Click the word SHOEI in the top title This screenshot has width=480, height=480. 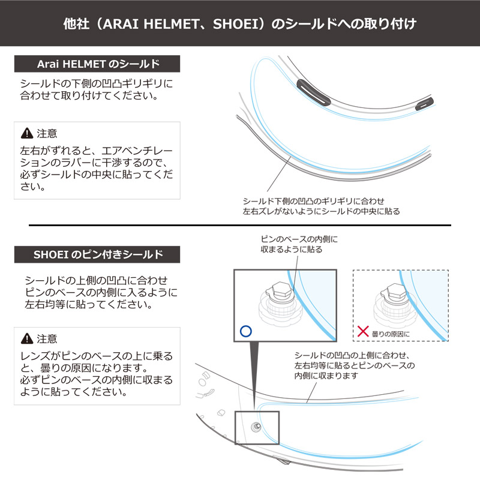coord(236,24)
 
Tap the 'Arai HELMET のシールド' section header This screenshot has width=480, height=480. coord(97,64)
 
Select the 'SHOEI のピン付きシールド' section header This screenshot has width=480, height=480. coord(97,254)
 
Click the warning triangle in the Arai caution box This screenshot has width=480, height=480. coord(27,133)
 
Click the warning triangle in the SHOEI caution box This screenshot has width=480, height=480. coord(27,338)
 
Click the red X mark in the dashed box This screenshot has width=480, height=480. coord(363,331)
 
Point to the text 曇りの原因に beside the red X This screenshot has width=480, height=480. coord(391,334)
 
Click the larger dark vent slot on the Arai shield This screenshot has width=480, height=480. coord(313,92)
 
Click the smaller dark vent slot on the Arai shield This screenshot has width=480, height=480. coord(424,103)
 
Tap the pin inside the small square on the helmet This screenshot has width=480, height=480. coord(256,427)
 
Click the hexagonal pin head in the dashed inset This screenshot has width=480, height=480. coord(395,292)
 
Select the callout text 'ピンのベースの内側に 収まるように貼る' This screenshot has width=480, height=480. coord(299,244)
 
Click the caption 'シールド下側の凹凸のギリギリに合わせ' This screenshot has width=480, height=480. coord(313,201)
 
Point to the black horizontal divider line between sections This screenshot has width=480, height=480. coord(240,226)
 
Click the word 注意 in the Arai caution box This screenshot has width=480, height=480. coord(47,133)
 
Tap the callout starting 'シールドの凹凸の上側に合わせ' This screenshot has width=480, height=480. coord(355,365)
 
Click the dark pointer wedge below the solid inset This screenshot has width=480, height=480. coord(254,367)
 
